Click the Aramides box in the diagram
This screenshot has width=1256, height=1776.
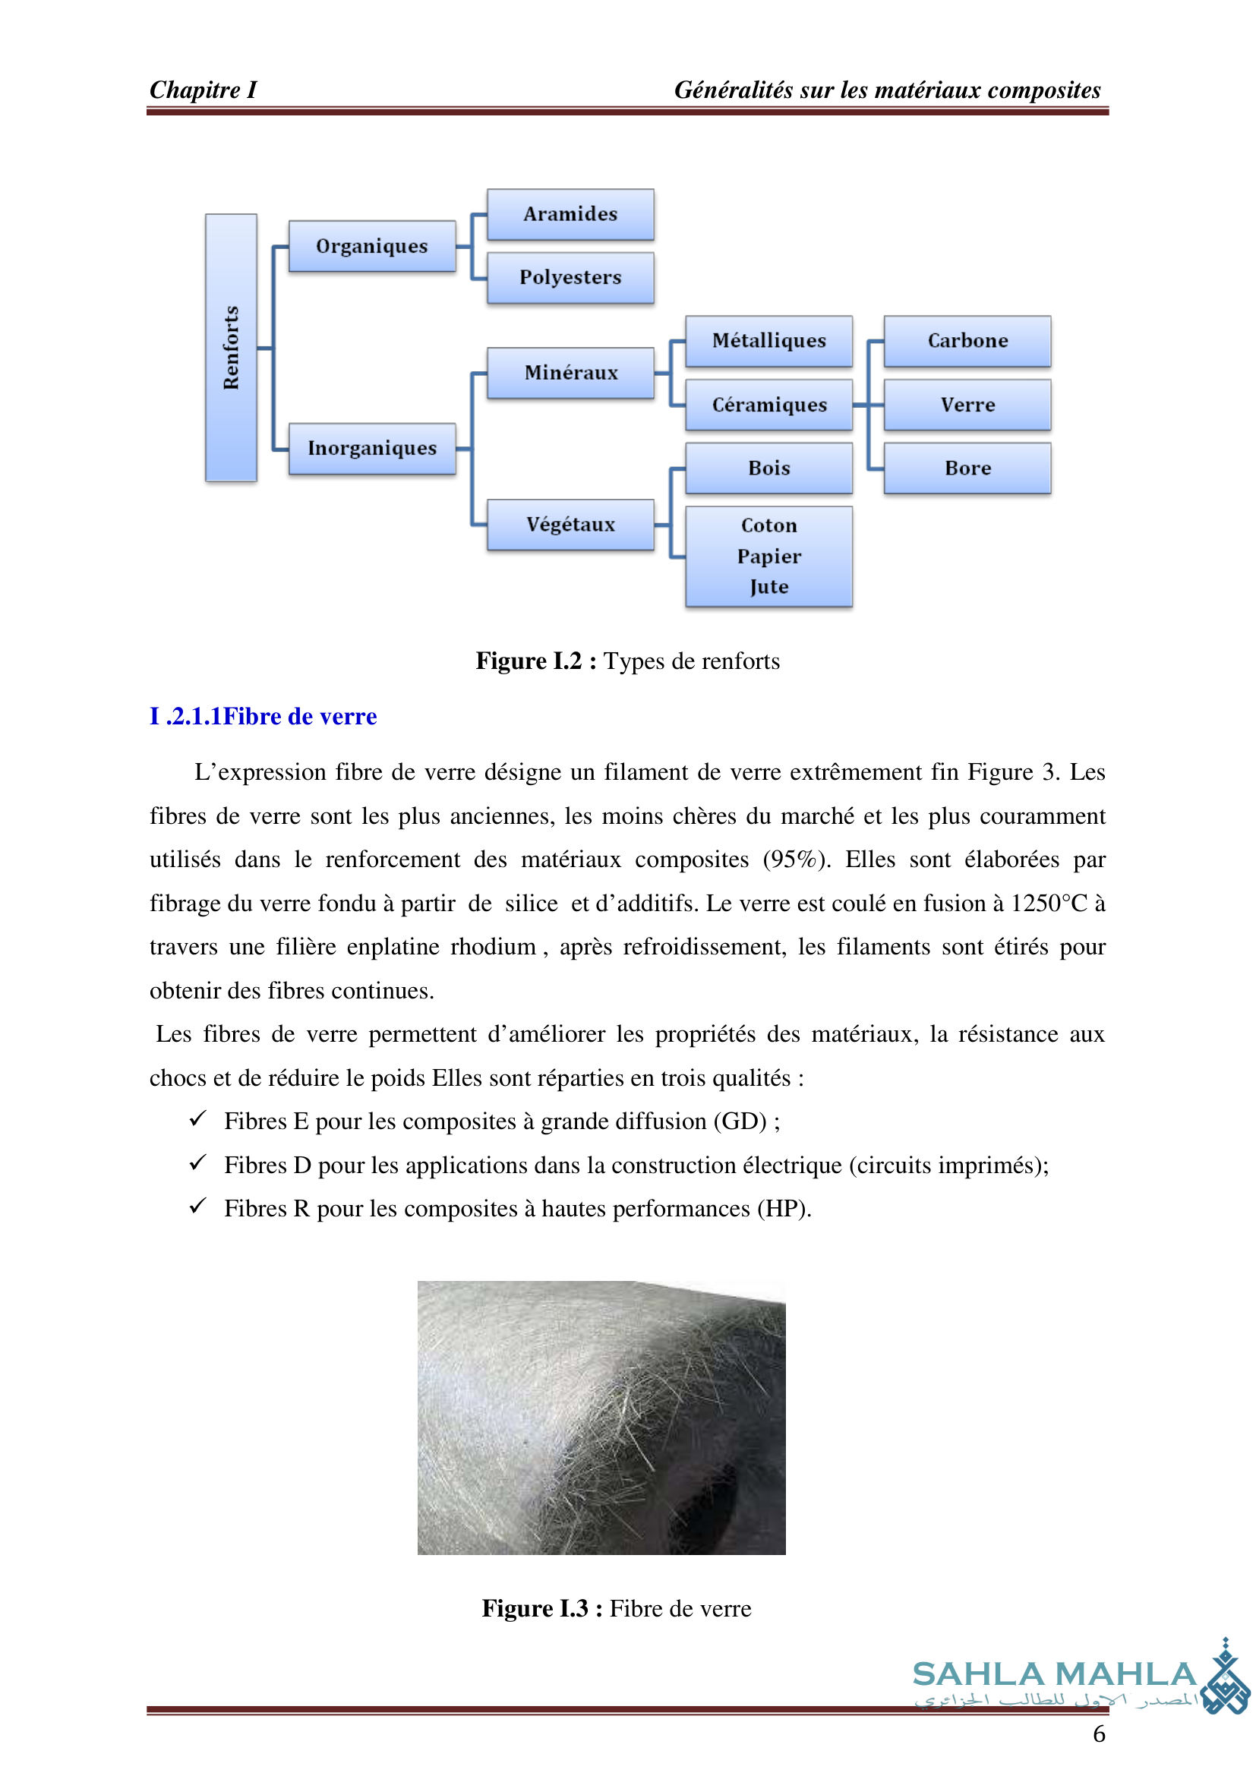pos(570,214)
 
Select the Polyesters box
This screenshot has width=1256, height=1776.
pos(570,278)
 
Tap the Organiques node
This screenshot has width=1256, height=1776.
pos(372,247)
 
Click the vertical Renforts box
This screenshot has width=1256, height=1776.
pos(232,348)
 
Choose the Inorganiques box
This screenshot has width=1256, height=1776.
pos(372,449)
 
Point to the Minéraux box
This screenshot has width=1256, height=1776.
pos(570,373)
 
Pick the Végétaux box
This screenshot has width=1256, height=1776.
pos(570,525)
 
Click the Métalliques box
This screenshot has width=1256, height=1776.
pos(768,341)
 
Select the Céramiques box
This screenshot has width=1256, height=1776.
pos(768,405)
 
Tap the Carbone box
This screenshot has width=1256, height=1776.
pos(967,341)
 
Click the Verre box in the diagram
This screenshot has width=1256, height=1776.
pos(967,405)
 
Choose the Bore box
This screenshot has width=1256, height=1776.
pos(967,468)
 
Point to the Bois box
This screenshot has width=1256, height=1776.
pos(768,468)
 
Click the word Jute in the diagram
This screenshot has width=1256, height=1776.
pos(768,587)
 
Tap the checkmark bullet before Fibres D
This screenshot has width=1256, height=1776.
pos(198,1162)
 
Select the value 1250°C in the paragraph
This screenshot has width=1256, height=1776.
pos(1049,904)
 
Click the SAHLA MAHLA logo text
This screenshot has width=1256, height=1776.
pos(1055,1675)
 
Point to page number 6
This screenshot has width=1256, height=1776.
pos(1098,1734)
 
